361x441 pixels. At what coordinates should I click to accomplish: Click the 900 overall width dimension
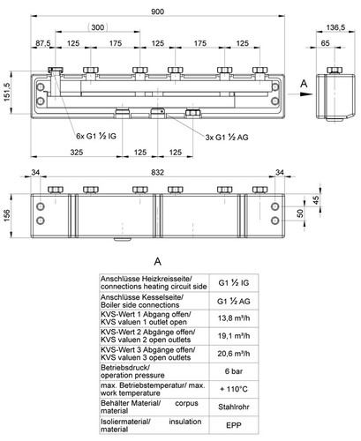157,11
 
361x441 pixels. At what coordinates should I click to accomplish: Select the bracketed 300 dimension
98,27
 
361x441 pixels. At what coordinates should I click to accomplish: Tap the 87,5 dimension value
43,43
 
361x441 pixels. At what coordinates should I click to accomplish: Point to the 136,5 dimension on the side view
335,27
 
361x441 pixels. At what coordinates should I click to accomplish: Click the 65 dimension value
325,43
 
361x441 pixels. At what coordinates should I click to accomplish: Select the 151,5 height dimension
6,93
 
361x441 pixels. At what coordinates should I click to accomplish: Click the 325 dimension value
77,153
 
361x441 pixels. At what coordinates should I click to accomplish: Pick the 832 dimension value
157,172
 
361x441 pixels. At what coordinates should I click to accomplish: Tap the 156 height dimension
6,215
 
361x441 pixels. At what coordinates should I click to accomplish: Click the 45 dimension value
316,200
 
